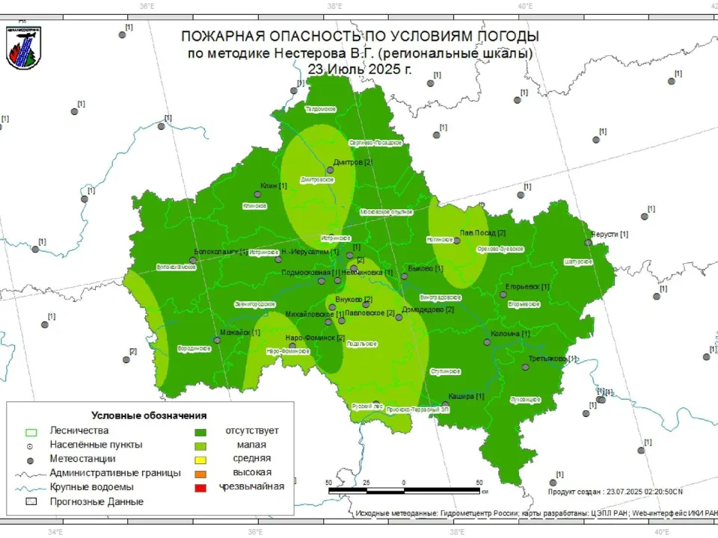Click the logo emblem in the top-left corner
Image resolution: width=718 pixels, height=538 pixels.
[x=23, y=47]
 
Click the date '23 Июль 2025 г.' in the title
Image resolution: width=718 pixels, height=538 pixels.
[x=360, y=68]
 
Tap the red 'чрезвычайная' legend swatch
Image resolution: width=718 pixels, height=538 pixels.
[x=200, y=487]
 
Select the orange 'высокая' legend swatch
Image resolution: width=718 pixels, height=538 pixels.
[x=200, y=473]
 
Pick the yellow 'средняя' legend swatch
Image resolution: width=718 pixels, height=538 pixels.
[x=200, y=459]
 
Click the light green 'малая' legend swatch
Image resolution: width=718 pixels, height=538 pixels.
[x=200, y=445]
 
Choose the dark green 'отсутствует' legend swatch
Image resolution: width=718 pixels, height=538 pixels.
[x=200, y=431]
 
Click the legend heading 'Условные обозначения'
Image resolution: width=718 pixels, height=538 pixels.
[x=149, y=415]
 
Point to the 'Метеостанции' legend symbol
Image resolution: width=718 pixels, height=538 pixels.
[x=31, y=459]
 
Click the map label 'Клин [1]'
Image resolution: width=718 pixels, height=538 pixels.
[x=273, y=186]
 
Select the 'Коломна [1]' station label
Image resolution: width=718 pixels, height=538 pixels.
[x=510, y=334]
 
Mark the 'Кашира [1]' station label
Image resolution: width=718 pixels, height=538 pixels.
[x=466, y=396]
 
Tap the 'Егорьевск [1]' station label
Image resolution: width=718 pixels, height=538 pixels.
[x=527, y=287]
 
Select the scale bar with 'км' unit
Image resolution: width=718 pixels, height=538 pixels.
[x=404, y=490]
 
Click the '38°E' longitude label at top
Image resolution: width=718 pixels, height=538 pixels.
[x=334, y=6]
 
